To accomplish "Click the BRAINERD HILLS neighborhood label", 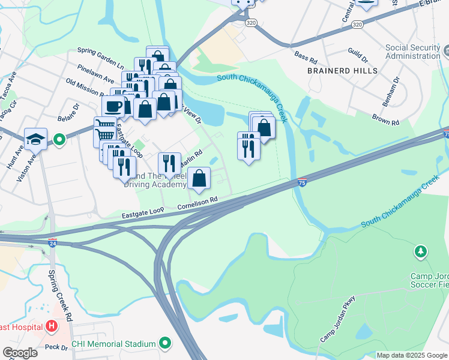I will (342, 70).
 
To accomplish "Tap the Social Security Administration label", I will (412, 52).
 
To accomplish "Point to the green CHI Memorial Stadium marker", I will (164, 344).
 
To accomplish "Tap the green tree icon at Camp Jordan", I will (421, 250).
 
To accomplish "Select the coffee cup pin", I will (113, 106).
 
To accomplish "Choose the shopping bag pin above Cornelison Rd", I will (199, 178).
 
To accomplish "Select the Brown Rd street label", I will (385, 119).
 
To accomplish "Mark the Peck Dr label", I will (55, 347).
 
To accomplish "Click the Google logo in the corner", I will (20, 352).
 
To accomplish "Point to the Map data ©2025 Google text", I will (411, 355).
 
